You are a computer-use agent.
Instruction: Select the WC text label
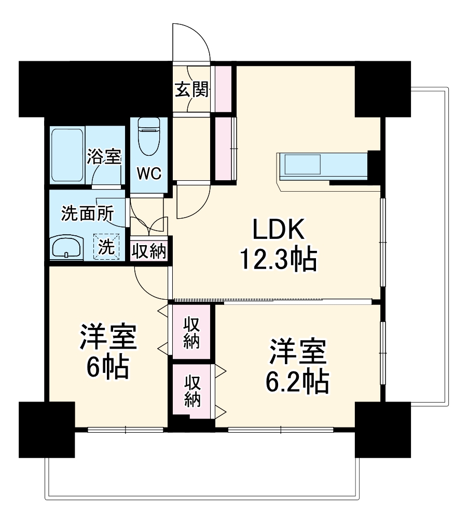tap(149, 173)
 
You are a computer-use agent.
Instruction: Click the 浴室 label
tap(104, 156)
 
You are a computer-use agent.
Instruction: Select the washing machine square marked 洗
tap(106, 247)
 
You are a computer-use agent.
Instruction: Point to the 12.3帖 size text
tap(278, 259)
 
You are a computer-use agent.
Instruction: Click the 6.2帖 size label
tap(297, 382)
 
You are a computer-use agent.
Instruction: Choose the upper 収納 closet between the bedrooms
tap(191, 332)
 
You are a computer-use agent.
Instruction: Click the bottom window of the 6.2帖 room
tap(280, 430)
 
